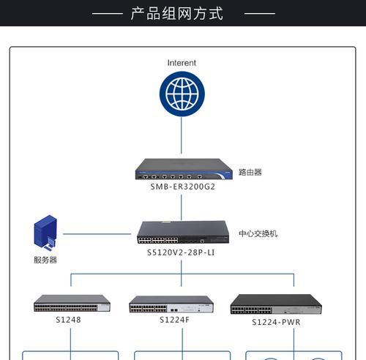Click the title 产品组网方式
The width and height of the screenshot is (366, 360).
pyautogui.click(x=176, y=13)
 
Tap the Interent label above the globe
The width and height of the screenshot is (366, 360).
pyautogui.click(x=182, y=63)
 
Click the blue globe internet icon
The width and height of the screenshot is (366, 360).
pyautogui.click(x=182, y=94)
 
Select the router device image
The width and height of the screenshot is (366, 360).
pyautogui.click(x=184, y=169)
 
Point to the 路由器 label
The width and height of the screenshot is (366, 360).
pyautogui.click(x=250, y=172)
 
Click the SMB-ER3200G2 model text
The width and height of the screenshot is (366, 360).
pyautogui.click(x=183, y=187)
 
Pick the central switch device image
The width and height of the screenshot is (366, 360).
pyautogui.click(x=183, y=232)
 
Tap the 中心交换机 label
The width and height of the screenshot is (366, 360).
pyautogui.click(x=258, y=233)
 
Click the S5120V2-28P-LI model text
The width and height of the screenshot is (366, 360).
pyautogui.click(x=181, y=252)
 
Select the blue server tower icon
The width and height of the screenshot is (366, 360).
pyautogui.click(x=45, y=233)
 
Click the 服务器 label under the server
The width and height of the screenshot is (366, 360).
pyautogui.click(x=45, y=260)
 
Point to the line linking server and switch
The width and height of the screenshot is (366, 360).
pyautogui.click(x=97, y=234)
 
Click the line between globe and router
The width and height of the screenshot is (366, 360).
pyautogui.click(x=182, y=135)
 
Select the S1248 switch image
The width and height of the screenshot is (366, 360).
pyautogui.click(x=72, y=303)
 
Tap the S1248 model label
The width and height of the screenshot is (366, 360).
pyautogui.click(x=68, y=320)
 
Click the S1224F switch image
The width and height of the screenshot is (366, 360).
pyautogui.click(x=171, y=304)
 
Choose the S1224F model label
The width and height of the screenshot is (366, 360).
pyautogui.click(x=174, y=320)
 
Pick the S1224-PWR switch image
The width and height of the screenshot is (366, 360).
pyautogui.click(x=276, y=304)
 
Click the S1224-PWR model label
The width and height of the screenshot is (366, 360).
pyautogui.click(x=276, y=322)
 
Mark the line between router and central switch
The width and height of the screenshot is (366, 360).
pyautogui.click(x=182, y=208)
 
